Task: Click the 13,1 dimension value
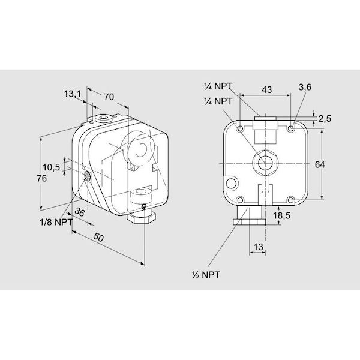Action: (x=73, y=94)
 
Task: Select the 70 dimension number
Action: (x=109, y=97)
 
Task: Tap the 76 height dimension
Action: (x=42, y=178)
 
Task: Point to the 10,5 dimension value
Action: (x=51, y=167)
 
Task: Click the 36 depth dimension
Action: (x=80, y=212)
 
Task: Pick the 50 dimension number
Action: (x=99, y=238)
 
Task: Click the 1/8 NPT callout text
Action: (x=56, y=222)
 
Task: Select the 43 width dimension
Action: (x=267, y=89)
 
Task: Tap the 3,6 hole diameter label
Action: (x=305, y=87)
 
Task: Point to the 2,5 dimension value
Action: (x=325, y=119)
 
